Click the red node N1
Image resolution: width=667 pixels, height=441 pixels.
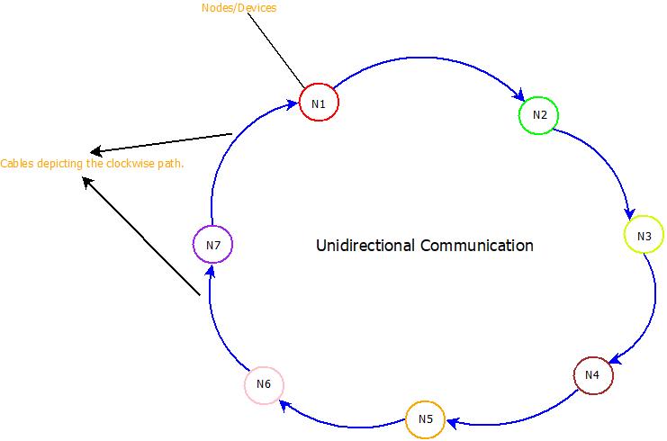click(319, 103)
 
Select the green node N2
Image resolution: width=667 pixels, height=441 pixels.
click(539, 115)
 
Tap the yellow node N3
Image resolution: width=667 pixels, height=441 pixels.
click(644, 236)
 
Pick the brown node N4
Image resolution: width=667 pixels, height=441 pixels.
click(592, 374)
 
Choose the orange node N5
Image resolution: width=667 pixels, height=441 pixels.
click(425, 419)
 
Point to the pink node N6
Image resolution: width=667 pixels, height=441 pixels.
click(264, 385)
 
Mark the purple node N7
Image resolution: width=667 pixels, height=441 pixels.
click(213, 244)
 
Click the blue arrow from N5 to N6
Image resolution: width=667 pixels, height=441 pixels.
click(342, 421)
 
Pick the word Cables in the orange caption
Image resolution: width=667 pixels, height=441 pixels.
click(15, 164)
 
